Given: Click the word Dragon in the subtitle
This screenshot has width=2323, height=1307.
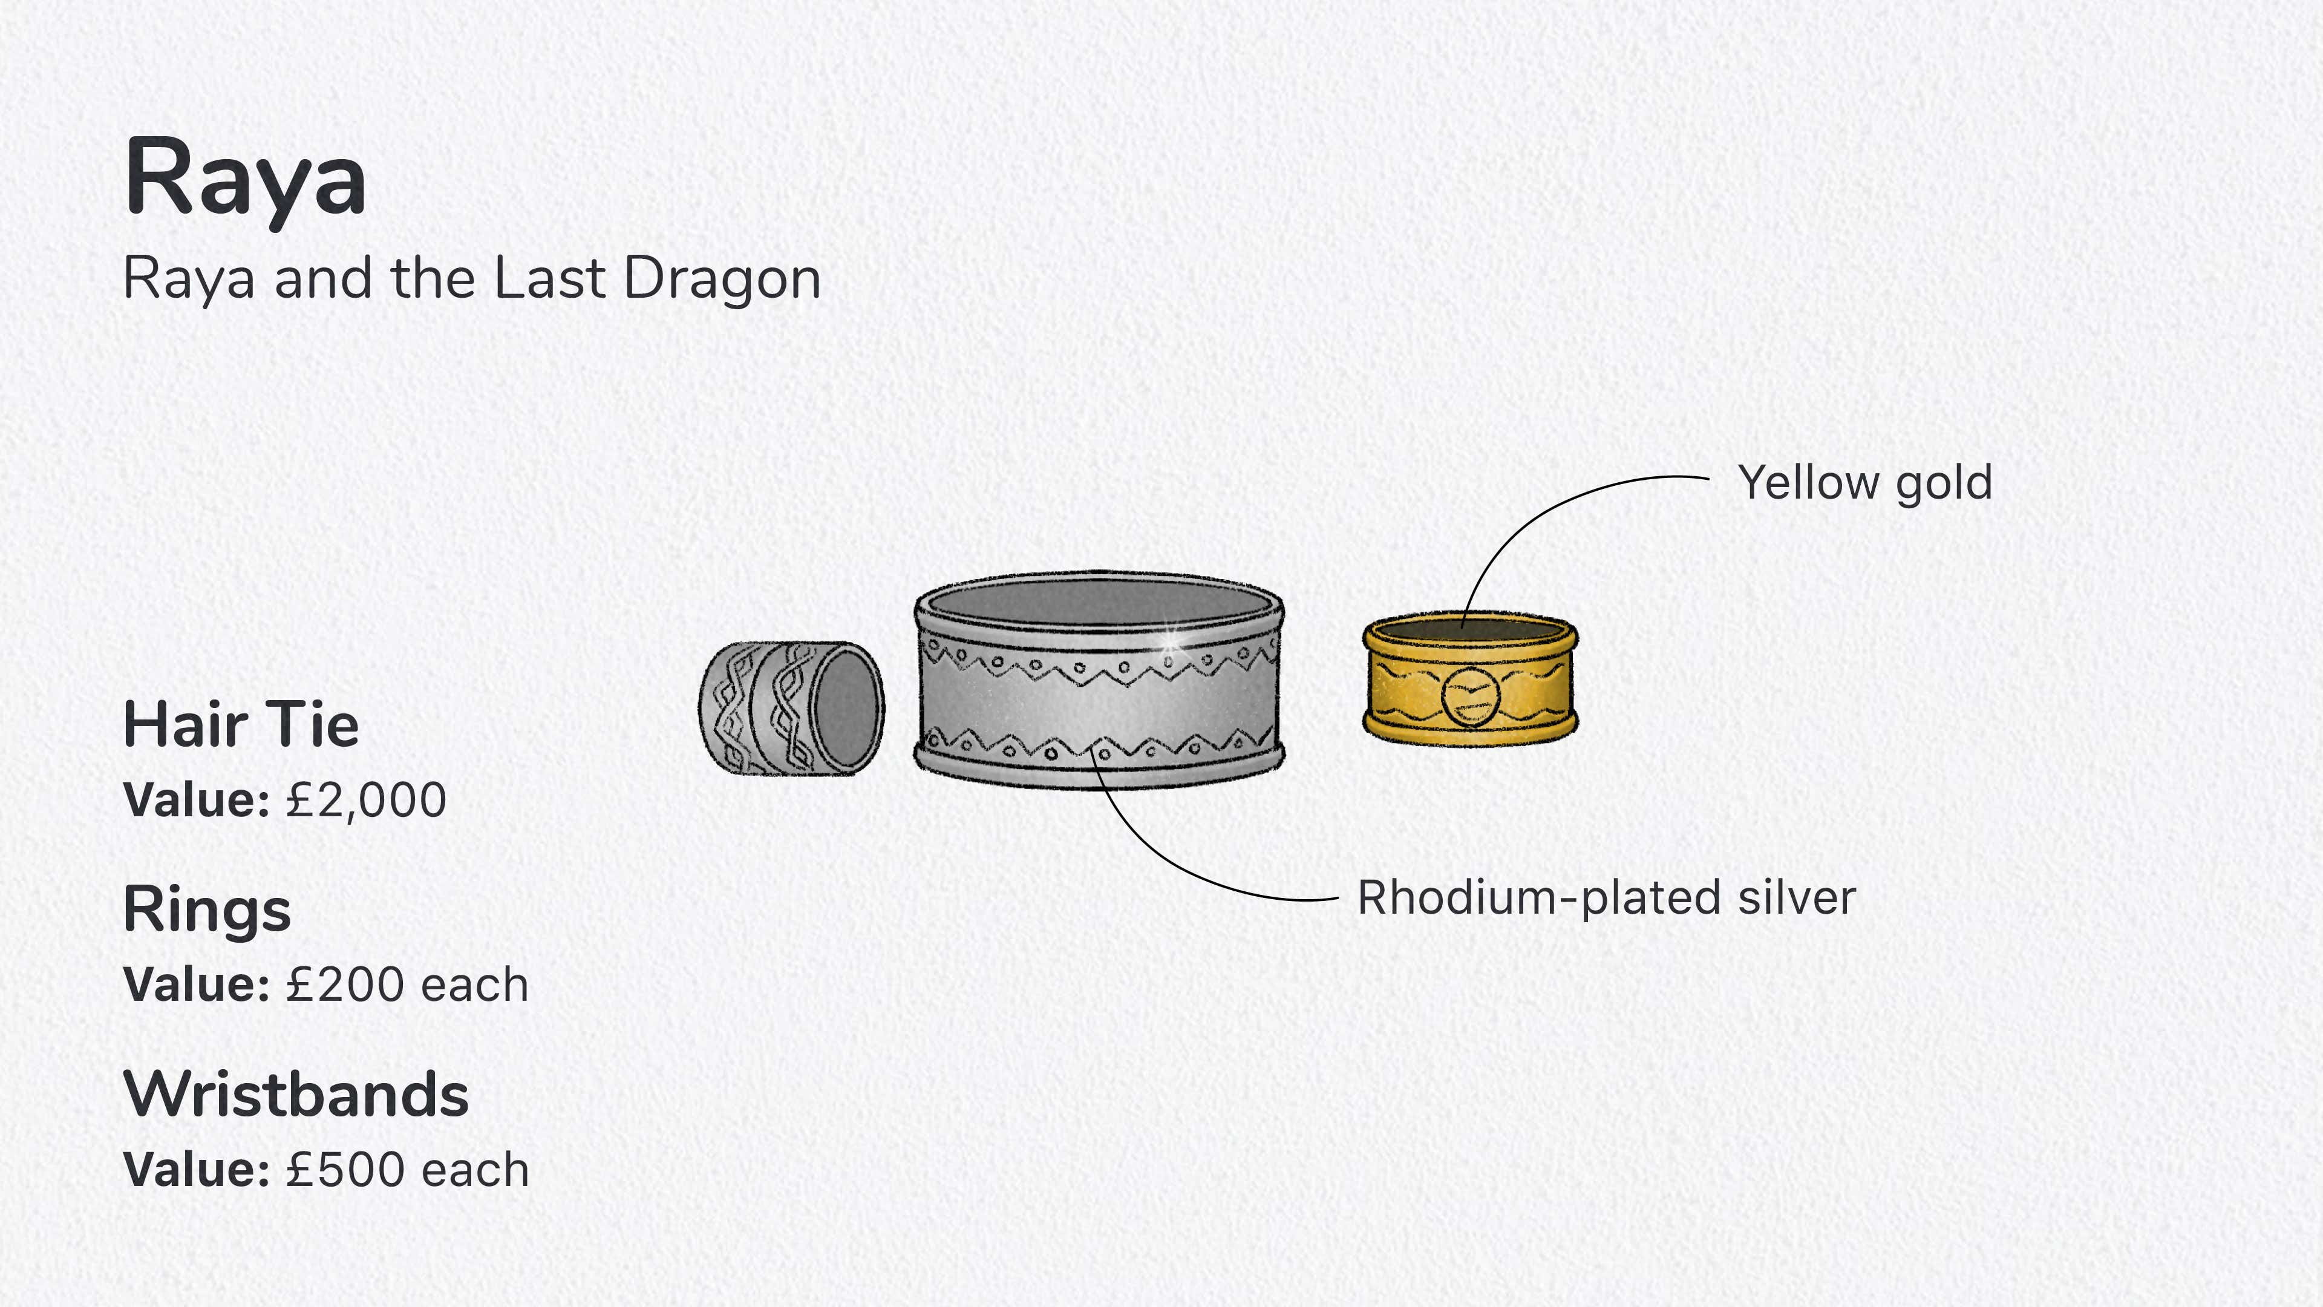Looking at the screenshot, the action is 722,279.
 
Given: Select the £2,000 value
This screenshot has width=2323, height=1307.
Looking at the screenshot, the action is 366,800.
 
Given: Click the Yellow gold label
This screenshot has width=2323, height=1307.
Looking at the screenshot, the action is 1865,483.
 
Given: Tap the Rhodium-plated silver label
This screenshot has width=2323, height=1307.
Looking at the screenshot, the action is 1607,899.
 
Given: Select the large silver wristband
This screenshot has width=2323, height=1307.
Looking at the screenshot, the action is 1099,680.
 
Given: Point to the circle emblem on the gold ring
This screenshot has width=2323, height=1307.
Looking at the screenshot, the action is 1471,696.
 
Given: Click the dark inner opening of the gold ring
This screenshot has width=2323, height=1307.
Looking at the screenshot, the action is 1470,629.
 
